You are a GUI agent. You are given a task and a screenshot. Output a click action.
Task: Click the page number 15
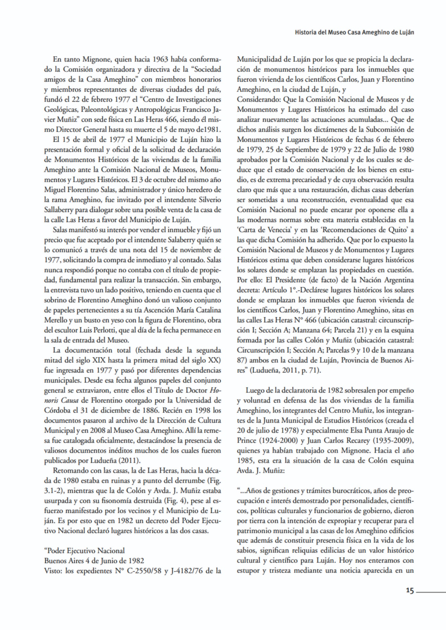tap(410, 591)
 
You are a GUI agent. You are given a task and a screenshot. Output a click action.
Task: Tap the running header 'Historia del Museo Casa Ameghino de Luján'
tap(355, 33)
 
